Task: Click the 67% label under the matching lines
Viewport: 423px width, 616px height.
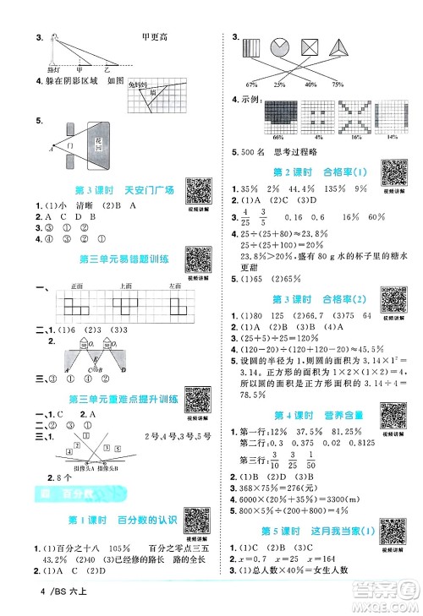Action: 250,84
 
